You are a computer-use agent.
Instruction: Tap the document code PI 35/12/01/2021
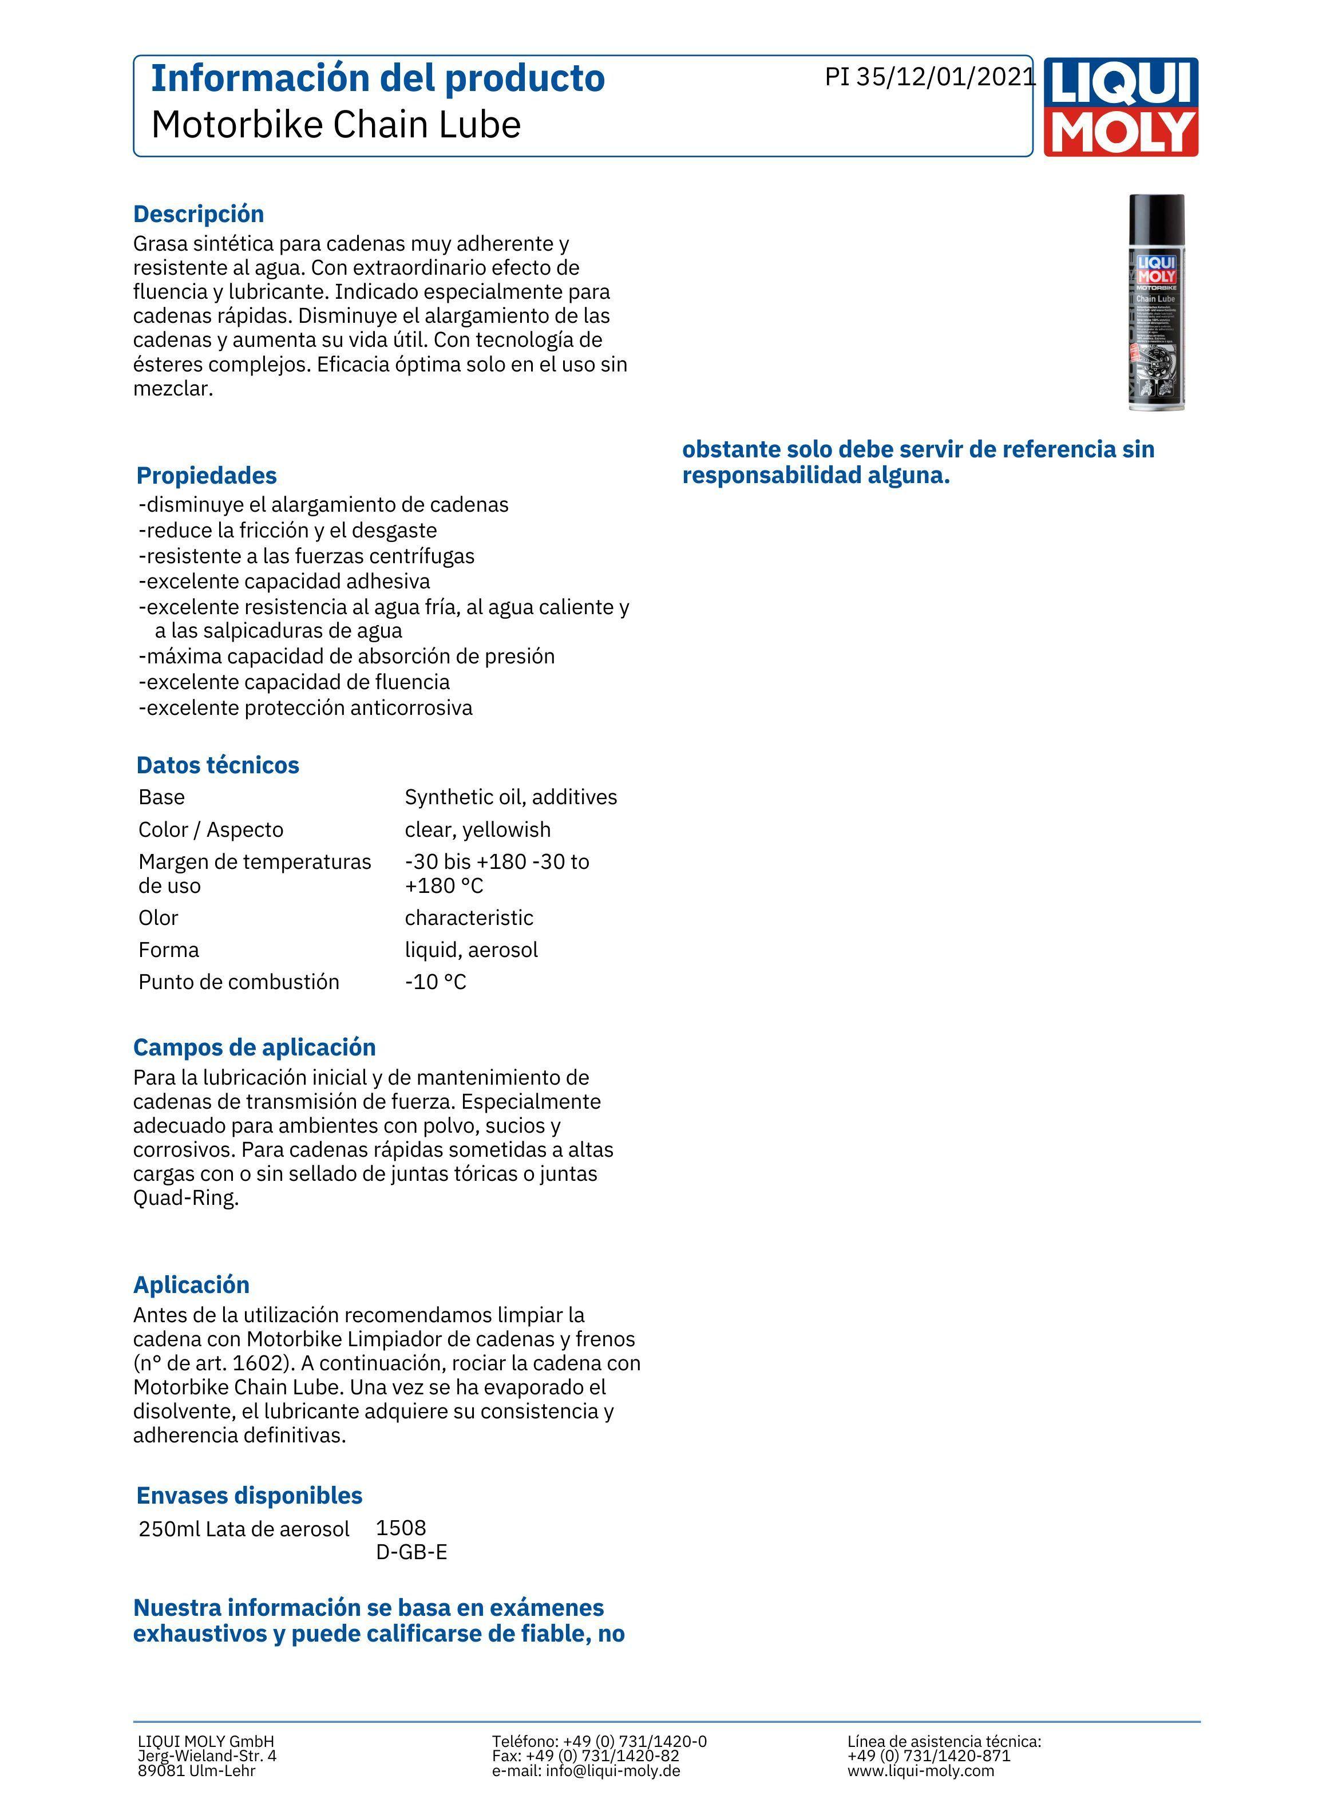click(929, 77)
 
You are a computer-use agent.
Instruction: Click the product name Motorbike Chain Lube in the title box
click(336, 125)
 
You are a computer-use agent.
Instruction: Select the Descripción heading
click(199, 214)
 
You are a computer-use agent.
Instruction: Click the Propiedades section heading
click(207, 476)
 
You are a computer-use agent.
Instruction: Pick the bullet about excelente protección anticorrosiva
click(306, 708)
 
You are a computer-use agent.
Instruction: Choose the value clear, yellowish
click(478, 829)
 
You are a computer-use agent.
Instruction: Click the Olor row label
click(159, 918)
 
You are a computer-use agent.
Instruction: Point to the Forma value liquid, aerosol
click(472, 950)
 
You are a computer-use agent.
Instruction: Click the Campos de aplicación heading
click(254, 1047)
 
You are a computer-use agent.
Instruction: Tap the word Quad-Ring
click(186, 1197)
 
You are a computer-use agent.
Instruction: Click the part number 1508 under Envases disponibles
click(401, 1528)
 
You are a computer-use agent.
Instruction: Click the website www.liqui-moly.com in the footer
click(921, 1771)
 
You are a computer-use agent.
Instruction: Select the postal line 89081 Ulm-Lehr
click(196, 1771)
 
